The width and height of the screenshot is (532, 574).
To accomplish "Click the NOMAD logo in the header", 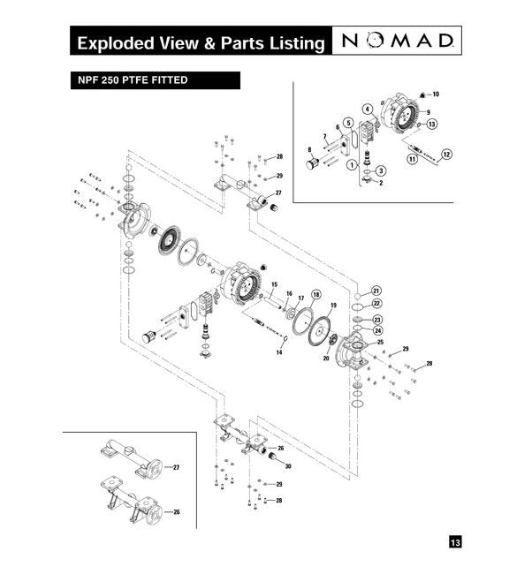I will pos(400,41).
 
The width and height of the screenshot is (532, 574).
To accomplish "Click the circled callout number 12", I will pos(446,154).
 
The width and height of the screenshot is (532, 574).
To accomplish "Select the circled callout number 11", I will pos(412,159).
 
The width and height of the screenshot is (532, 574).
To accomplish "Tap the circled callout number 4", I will pos(366,109).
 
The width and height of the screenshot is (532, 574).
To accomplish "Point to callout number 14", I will pos(278,352).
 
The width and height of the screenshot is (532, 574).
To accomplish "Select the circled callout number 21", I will pos(376,291).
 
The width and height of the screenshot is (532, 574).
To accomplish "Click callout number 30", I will pos(288,465).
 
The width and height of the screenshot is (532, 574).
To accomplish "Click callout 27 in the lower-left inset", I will pos(175,464).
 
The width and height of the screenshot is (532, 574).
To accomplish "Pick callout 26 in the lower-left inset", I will pos(175,512).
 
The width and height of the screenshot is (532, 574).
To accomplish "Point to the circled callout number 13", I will pos(431,125).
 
